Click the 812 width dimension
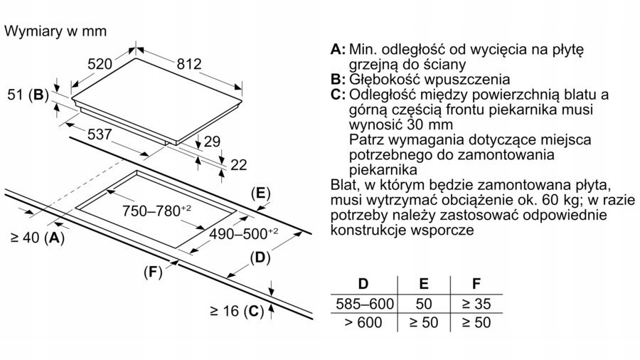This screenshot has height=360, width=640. pyautogui.click(x=189, y=64)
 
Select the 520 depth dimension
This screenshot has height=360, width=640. pyautogui.click(x=100, y=64)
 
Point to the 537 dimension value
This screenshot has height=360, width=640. pyautogui.click(x=100, y=134)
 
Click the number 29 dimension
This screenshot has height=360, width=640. pyautogui.click(x=212, y=141)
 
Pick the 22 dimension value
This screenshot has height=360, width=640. pyautogui.click(x=239, y=165)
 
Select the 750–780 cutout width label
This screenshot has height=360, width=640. pyautogui.click(x=156, y=211)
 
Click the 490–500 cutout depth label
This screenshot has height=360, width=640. pyautogui.click(x=243, y=234)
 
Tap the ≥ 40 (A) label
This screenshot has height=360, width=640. pyautogui.click(x=38, y=238)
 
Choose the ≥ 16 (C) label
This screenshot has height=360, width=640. pyautogui.click(x=237, y=312)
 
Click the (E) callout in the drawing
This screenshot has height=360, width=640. pyautogui.click(x=261, y=193)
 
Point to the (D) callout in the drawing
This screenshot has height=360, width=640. pyautogui.click(x=260, y=258)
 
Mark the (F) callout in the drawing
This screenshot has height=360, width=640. pyautogui.click(x=153, y=272)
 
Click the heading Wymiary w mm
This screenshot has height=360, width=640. pyautogui.click(x=55, y=31)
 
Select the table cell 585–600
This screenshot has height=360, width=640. pyautogui.click(x=365, y=304)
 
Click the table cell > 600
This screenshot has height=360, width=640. pyautogui.click(x=363, y=322)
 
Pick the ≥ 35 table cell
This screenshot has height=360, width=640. pyautogui.click(x=476, y=304)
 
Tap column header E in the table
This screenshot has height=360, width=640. pyautogui.click(x=424, y=284)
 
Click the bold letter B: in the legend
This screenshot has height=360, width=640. pyautogui.click(x=338, y=79)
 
